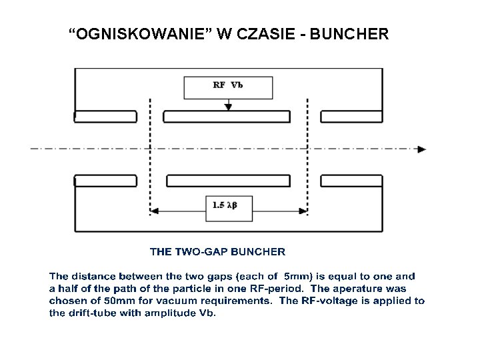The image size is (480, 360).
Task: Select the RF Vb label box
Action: pos(228,87)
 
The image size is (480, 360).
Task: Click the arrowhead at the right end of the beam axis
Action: pos(421,149)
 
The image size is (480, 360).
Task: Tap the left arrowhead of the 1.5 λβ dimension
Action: pos(154,211)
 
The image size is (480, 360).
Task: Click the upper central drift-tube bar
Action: pos(228,116)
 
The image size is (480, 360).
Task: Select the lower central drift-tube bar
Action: pos(228,181)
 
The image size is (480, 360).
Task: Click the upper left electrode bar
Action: pos(105,116)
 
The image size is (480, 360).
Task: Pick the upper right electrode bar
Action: pos(352,116)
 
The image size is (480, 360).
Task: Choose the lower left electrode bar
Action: pos(105,181)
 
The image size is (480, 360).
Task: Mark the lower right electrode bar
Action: pos(352,181)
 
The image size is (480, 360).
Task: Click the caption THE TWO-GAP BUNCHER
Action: pos(217,252)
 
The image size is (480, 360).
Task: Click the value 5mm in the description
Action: pos(296,276)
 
